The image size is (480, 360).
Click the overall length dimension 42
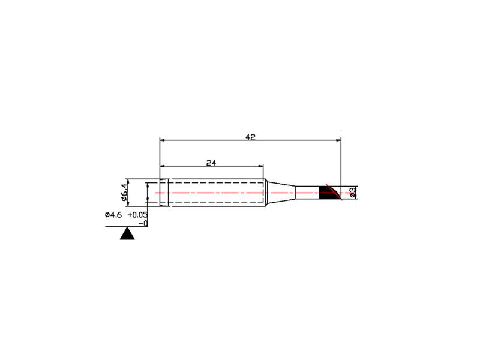(x=250, y=137)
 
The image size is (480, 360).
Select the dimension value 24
(x=211, y=163)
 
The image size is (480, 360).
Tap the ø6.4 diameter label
(x=124, y=192)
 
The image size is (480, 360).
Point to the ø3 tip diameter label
(x=353, y=193)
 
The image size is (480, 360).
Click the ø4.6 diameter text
(x=113, y=215)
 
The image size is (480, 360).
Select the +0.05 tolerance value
(x=137, y=215)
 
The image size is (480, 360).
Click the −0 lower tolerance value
(x=143, y=223)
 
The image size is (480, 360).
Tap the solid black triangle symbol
(x=127, y=233)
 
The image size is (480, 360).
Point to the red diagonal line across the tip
(x=334, y=192)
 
